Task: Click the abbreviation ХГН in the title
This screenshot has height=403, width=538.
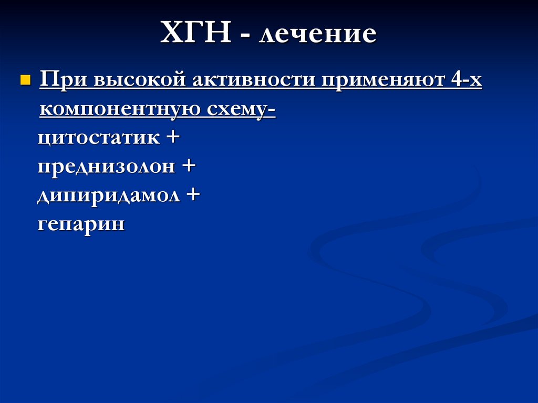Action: click(196, 34)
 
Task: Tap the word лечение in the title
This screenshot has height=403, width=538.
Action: click(317, 35)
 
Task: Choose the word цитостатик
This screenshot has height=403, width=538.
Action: click(99, 138)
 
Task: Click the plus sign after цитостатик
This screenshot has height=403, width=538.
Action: click(172, 138)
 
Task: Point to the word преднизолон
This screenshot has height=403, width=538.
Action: click(106, 167)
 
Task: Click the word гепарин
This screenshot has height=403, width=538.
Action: click(81, 225)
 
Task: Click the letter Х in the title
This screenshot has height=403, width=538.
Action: click(172, 34)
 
